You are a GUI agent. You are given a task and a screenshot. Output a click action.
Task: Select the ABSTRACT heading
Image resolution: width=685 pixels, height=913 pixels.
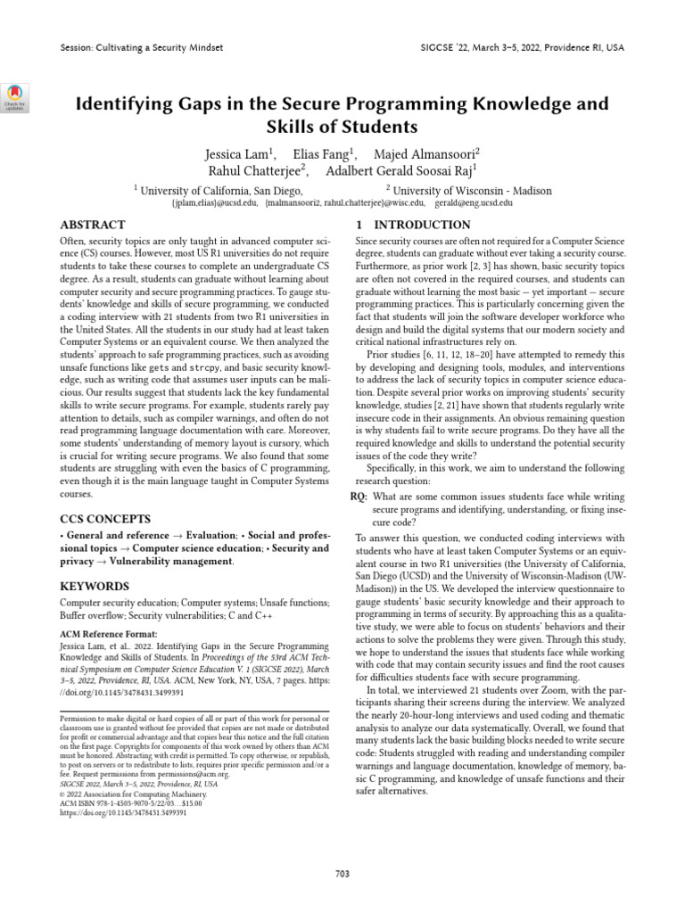pyautogui.click(x=92, y=226)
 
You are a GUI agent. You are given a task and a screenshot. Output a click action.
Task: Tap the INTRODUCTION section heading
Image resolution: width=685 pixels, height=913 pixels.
pyautogui.click(x=413, y=226)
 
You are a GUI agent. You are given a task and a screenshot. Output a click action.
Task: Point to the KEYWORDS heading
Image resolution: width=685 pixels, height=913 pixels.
pyautogui.click(x=94, y=587)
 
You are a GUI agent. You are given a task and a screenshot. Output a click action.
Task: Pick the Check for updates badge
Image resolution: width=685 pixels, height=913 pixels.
pyautogui.click(x=17, y=96)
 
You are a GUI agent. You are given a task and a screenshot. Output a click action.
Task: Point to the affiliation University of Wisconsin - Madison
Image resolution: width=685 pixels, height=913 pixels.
pyautogui.click(x=472, y=190)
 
